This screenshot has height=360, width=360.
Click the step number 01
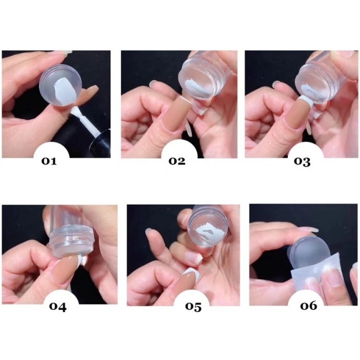tap(49, 161)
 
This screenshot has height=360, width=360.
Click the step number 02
tap(177, 161)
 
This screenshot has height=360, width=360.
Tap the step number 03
tap(302, 161)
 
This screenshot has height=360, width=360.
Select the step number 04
tap(58, 307)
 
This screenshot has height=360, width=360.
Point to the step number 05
tap(193, 307)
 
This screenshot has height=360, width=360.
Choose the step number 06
tap(309, 305)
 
